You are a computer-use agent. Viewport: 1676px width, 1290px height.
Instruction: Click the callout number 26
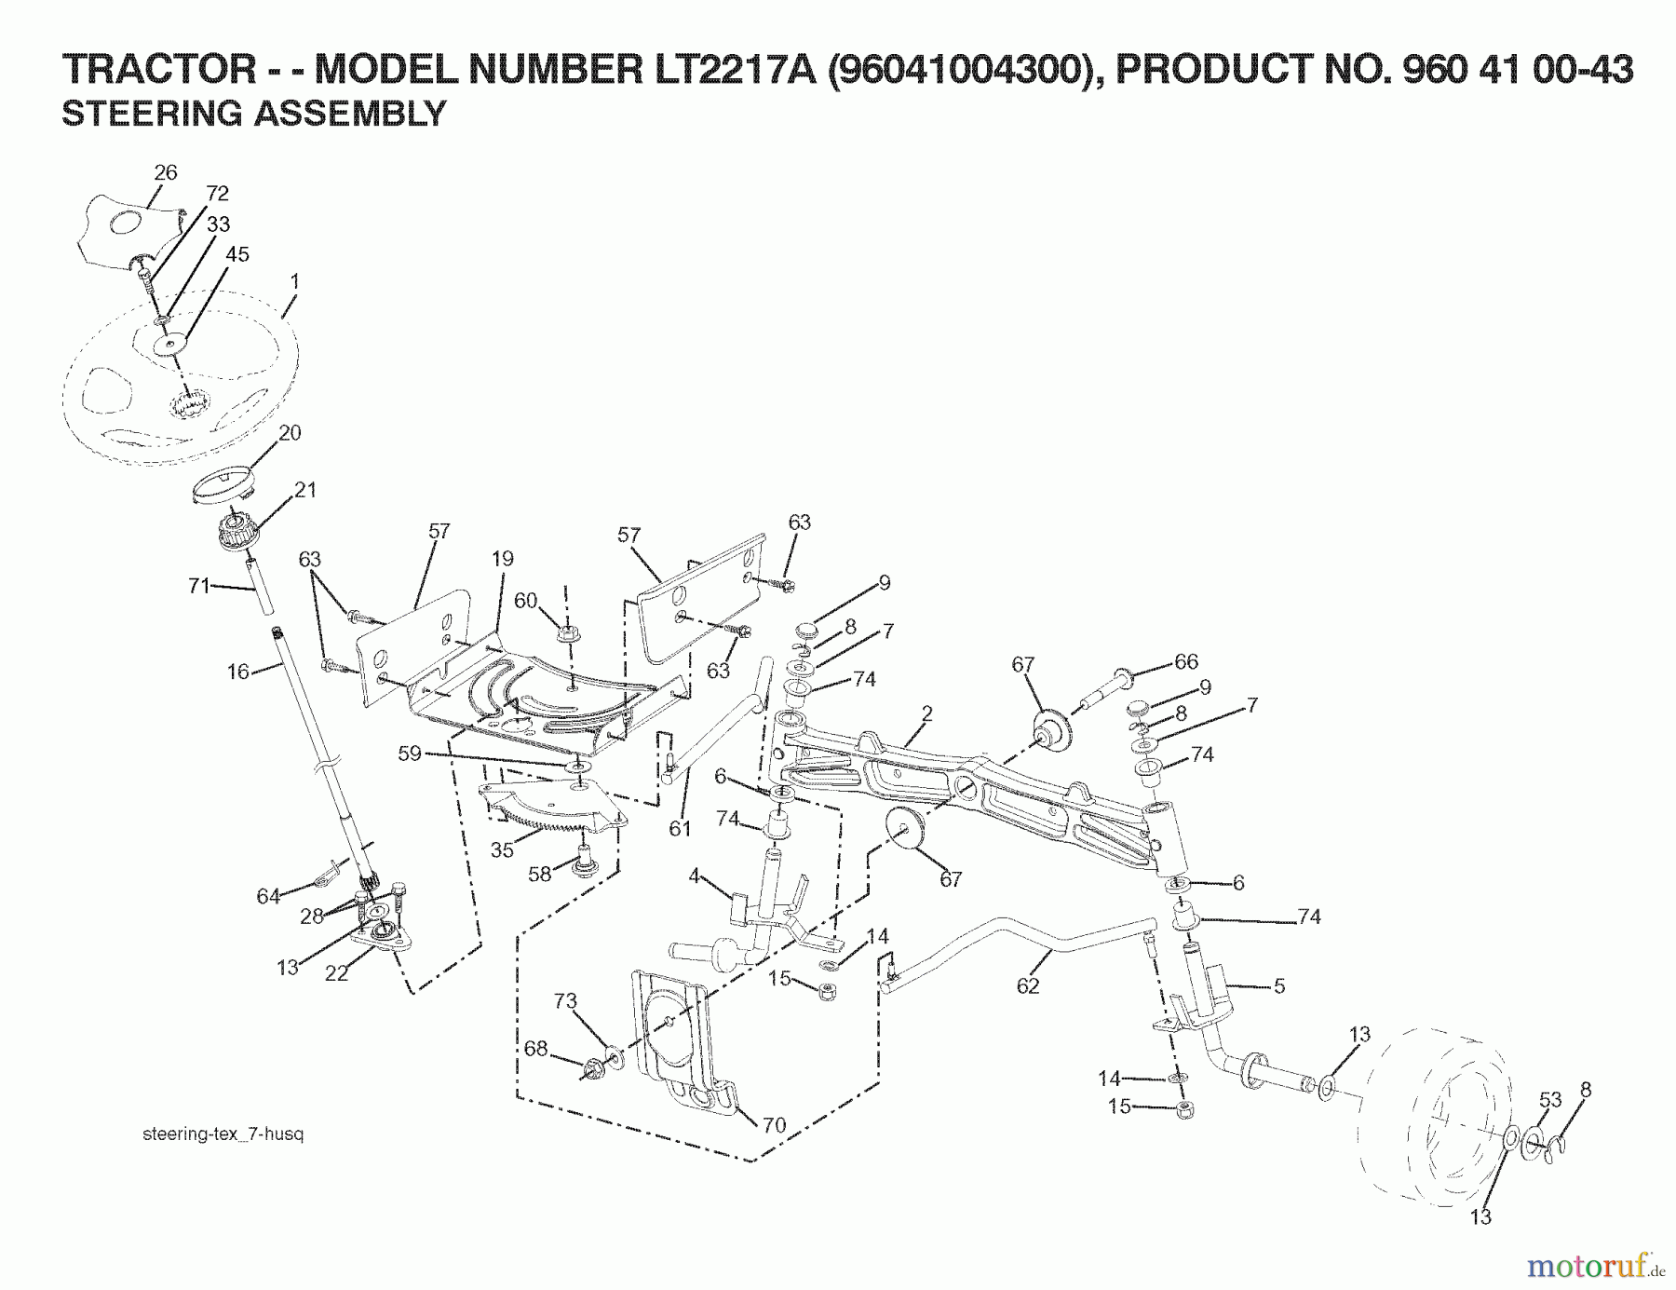(165, 172)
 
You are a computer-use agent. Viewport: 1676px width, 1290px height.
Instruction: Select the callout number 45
(237, 254)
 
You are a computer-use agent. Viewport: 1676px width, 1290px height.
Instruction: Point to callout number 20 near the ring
(290, 433)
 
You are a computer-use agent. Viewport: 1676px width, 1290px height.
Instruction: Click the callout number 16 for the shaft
(238, 672)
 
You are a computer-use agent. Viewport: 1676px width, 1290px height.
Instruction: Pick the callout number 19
(502, 559)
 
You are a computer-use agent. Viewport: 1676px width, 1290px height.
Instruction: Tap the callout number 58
(540, 875)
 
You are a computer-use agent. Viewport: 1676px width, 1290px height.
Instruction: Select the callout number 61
(680, 828)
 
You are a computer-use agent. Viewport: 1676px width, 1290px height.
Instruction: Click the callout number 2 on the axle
(926, 713)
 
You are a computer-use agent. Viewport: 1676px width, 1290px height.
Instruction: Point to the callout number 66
(1185, 661)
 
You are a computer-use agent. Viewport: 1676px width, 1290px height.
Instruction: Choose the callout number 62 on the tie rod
(1027, 985)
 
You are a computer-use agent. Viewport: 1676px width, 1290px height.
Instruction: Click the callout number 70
(774, 1125)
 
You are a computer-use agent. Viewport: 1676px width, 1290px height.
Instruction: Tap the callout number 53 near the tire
(1549, 1100)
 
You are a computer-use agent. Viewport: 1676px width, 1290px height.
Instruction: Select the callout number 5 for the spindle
(1278, 985)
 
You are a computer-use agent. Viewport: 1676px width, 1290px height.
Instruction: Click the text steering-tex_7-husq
(223, 1134)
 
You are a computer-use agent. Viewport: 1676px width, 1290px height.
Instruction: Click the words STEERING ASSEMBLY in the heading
(253, 114)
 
